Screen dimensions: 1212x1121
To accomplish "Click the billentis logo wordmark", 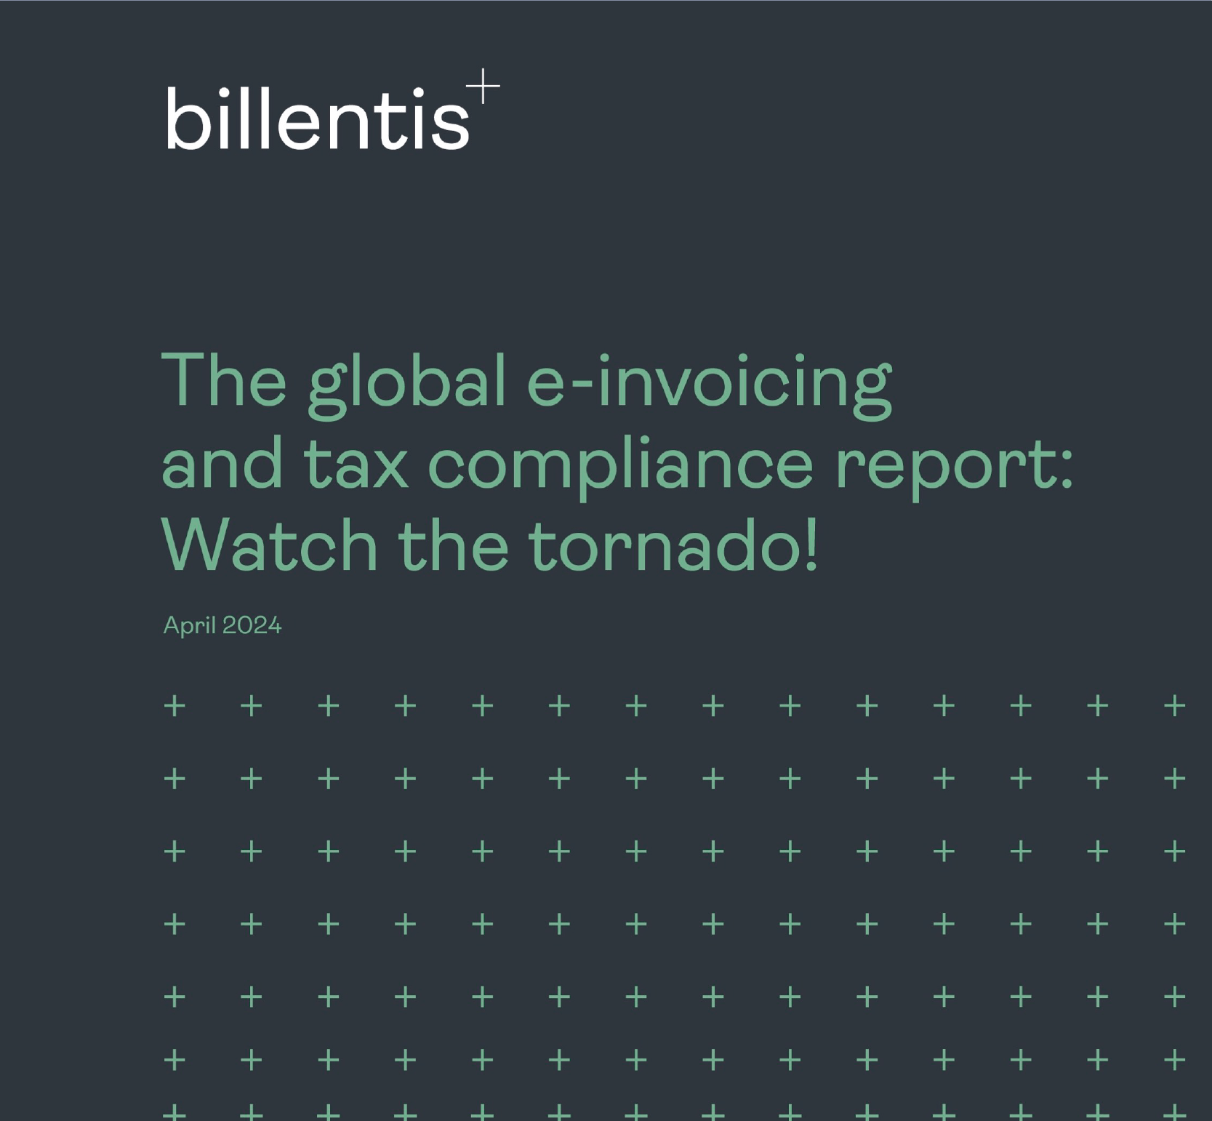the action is click(x=318, y=118).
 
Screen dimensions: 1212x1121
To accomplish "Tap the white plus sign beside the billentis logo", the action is click(x=483, y=87).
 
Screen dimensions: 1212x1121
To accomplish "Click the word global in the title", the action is click(x=407, y=385).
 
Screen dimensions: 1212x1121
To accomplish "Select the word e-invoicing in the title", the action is click(x=709, y=385).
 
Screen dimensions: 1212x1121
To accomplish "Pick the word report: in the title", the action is click(x=954, y=469).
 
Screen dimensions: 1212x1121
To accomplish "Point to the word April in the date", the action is click(x=190, y=626).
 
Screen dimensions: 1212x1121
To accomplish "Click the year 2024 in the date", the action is click(x=252, y=625).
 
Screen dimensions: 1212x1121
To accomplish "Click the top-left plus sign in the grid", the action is click(x=174, y=705).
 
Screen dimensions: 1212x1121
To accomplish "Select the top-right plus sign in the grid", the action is click(x=1175, y=705).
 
